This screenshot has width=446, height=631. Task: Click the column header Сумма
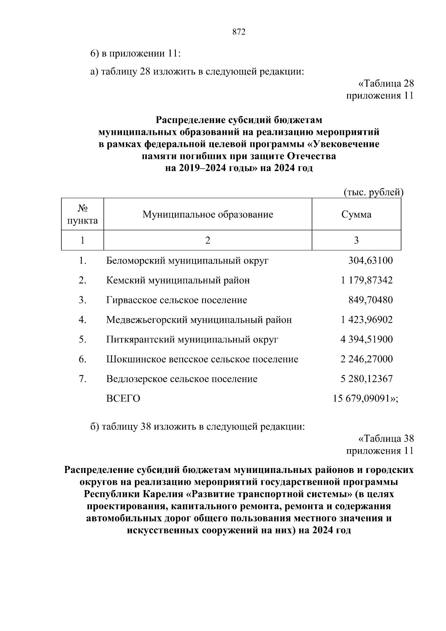pos(356,215)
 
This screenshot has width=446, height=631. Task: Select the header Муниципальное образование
pos(208,215)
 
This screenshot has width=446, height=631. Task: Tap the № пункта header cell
pos(83,215)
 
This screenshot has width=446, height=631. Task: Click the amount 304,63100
pos(370,260)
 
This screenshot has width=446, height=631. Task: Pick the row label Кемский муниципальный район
pos(178,280)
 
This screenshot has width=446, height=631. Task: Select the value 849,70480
pos(370,300)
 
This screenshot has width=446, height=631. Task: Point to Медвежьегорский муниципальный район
pos(199,319)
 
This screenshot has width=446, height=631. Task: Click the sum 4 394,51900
pos(366,339)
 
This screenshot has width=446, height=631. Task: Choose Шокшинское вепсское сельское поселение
pos(202,359)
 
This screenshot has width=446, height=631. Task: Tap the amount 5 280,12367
pos(366,379)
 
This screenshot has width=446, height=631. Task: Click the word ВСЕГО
pos(123,399)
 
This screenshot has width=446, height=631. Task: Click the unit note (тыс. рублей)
pos(373,192)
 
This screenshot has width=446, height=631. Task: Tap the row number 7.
pos(82,379)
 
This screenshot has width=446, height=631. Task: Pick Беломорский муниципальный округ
pos(187,260)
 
